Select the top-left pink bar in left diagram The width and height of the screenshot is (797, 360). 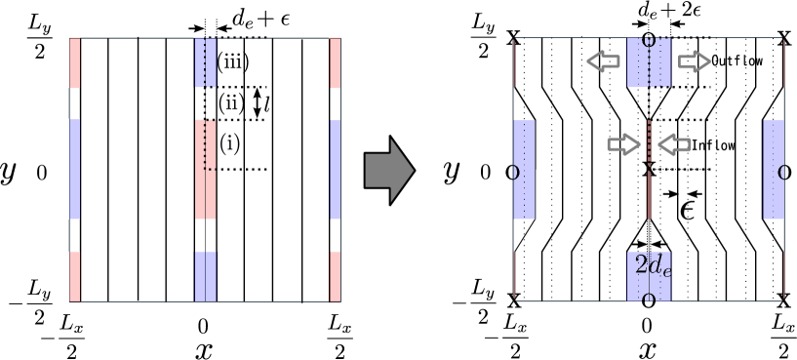tap(74, 63)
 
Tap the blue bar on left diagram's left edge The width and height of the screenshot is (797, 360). tap(74, 169)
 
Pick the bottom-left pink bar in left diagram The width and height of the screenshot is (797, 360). tap(74, 276)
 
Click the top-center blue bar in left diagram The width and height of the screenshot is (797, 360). tap(205, 63)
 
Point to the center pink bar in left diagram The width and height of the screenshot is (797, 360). tap(205, 169)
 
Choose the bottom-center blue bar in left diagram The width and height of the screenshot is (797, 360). tap(205, 276)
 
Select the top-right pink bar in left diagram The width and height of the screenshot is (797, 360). tap(335, 63)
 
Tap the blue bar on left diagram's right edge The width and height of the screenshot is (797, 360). tap(335, 169)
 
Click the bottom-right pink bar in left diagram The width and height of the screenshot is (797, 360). tap(335, 276)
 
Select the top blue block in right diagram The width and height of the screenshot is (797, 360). tap(649, 63)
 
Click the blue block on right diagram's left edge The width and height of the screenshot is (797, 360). tap(524, 170)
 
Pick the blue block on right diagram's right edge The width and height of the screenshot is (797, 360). tap(774, 170)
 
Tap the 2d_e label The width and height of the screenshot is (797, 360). tap(653, 266)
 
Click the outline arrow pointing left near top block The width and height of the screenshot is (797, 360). tap(603, 62)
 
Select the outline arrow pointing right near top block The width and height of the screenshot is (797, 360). tap(695, 62)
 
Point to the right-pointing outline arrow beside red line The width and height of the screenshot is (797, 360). tap(622, 145)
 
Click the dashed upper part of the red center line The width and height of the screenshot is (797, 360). tap(649, 139)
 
